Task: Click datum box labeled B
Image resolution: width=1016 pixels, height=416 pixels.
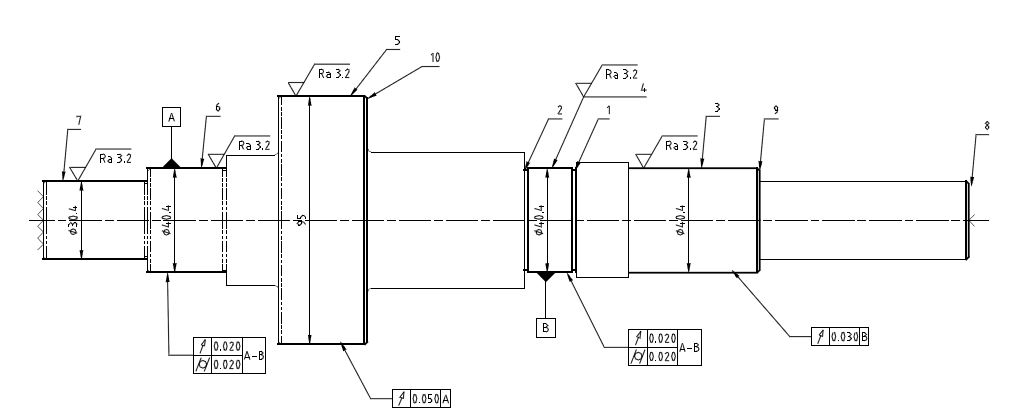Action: click(x=545, y=327)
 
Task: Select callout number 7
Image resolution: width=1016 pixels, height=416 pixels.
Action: click(x=79, y=120)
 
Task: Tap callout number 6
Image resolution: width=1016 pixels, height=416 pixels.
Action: click(x=217, y=107)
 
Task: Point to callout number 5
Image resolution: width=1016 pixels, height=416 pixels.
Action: click(x=397, y=40)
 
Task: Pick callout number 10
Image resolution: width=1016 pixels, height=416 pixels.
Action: click(x=435, y=58)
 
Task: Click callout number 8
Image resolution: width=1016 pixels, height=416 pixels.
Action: click(x=987, y=126)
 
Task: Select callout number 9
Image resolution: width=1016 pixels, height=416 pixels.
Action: click(x=776, y=109)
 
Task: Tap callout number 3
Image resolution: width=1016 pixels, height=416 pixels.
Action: click(x=717, y=106)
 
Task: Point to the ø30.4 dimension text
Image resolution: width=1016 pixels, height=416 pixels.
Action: click(x=73, y=220)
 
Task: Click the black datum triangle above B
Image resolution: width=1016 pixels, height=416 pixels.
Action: click(x=545, y=275)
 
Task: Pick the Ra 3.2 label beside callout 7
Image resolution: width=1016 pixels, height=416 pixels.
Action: click(x=115, y=157)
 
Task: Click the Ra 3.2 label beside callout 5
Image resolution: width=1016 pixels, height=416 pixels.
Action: click(x=334, y=74)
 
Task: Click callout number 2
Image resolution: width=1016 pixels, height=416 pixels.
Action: click(x=560, y=110)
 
